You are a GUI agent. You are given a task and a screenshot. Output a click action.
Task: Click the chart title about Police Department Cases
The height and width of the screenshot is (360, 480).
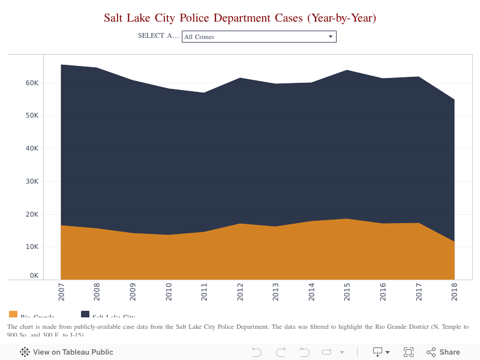(240, 18)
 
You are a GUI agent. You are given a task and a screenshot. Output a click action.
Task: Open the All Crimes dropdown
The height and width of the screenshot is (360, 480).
(259, 37)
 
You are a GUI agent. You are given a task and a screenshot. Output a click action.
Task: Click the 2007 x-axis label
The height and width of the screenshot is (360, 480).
(62, 292)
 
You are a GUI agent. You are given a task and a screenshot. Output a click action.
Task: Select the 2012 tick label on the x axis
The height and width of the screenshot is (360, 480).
(240, 292)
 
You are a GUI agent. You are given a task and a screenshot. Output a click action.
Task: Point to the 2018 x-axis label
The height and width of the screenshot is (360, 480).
(454, 292)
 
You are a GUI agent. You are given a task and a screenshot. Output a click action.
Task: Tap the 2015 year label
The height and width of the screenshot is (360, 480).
(347, 292)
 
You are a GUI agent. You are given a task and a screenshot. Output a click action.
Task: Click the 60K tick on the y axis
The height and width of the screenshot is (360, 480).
(32, 83)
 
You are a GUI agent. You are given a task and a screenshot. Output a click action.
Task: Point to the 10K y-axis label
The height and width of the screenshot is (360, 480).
(32, 247)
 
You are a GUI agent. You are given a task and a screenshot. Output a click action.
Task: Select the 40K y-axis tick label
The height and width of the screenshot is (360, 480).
(32, 148)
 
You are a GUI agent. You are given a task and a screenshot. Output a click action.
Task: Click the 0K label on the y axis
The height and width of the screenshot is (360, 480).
(34, 276)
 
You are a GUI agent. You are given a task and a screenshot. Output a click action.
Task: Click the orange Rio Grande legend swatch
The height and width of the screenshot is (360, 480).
(13, 314)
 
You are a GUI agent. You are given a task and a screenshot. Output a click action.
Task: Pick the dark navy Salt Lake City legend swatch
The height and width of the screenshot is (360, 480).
(85, 314)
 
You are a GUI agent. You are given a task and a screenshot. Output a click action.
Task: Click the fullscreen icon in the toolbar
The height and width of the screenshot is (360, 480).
(409, 352)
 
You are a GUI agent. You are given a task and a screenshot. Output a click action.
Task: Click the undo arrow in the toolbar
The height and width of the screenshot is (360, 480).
(257, 352)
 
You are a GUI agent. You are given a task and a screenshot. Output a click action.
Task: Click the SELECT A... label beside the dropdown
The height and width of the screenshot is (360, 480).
(158, 35)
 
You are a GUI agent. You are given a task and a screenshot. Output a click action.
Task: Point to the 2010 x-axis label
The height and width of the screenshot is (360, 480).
(169, 292)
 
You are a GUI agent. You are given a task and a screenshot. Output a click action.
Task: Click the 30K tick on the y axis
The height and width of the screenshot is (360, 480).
(32, 181)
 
